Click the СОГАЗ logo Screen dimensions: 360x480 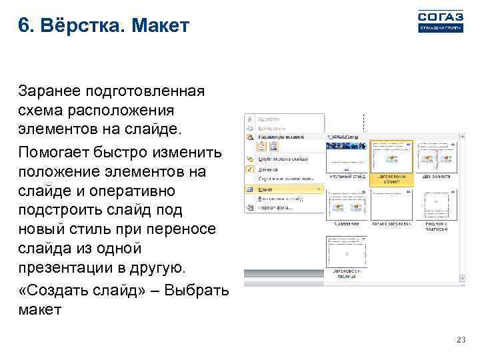point(439,21)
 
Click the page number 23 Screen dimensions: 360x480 point(459,341)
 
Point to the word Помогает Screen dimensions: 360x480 point(54,152)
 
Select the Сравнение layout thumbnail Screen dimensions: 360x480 point(347,206)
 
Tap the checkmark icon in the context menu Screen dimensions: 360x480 point(249,169)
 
